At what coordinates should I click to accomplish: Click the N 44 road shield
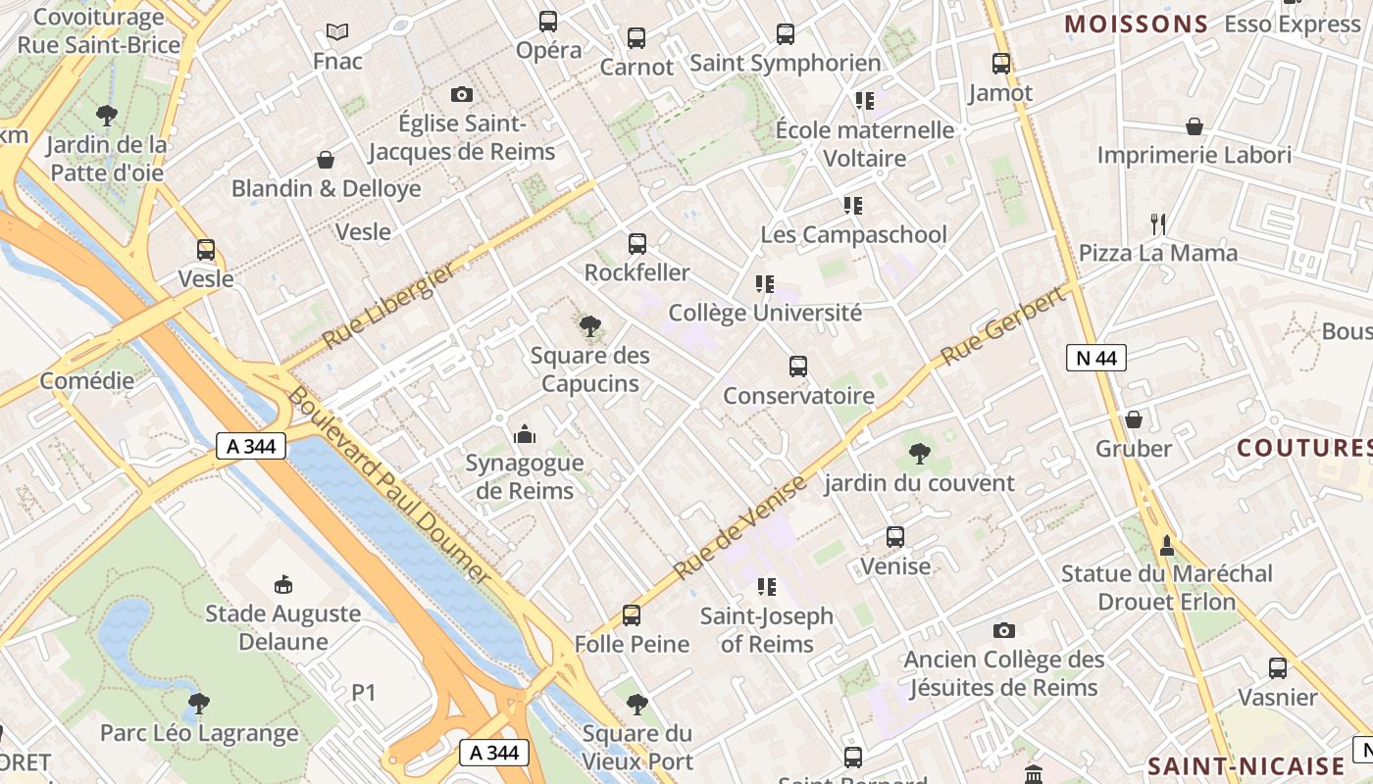click(x=1095, y=358)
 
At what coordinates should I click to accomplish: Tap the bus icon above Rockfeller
click(x=637, y=243)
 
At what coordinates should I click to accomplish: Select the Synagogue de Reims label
click(x=525, y=476)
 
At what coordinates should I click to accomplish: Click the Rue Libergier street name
click(x=389, y=305)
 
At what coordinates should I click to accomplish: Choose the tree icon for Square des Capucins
click(x=589, y=326)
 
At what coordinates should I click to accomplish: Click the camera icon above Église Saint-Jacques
click(x=461, y=94)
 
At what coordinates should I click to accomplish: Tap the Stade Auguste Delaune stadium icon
click(x=283, y=584)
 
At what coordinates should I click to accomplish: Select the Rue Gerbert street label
click(x=1003, y=326)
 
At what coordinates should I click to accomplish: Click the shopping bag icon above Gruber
click(x=1134, y=419)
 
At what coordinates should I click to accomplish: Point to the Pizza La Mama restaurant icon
click(x=1158, y=223)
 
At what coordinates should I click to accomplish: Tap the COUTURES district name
click(x=1303, y=448)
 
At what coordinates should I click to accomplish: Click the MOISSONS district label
click(x=1136, y=24)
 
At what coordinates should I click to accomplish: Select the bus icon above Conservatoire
click(x=798, y=367)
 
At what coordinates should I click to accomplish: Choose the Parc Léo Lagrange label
click(x=199, y=733)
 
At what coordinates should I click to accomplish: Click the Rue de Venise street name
click(x=741, y=526)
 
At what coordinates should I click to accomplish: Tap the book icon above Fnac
click(x=337, y=31)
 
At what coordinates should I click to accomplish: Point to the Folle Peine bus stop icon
click(x=632, y=615)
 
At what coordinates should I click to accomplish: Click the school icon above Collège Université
click(x=765, y=284)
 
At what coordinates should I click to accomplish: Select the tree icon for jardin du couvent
click(x=919, y=453)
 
